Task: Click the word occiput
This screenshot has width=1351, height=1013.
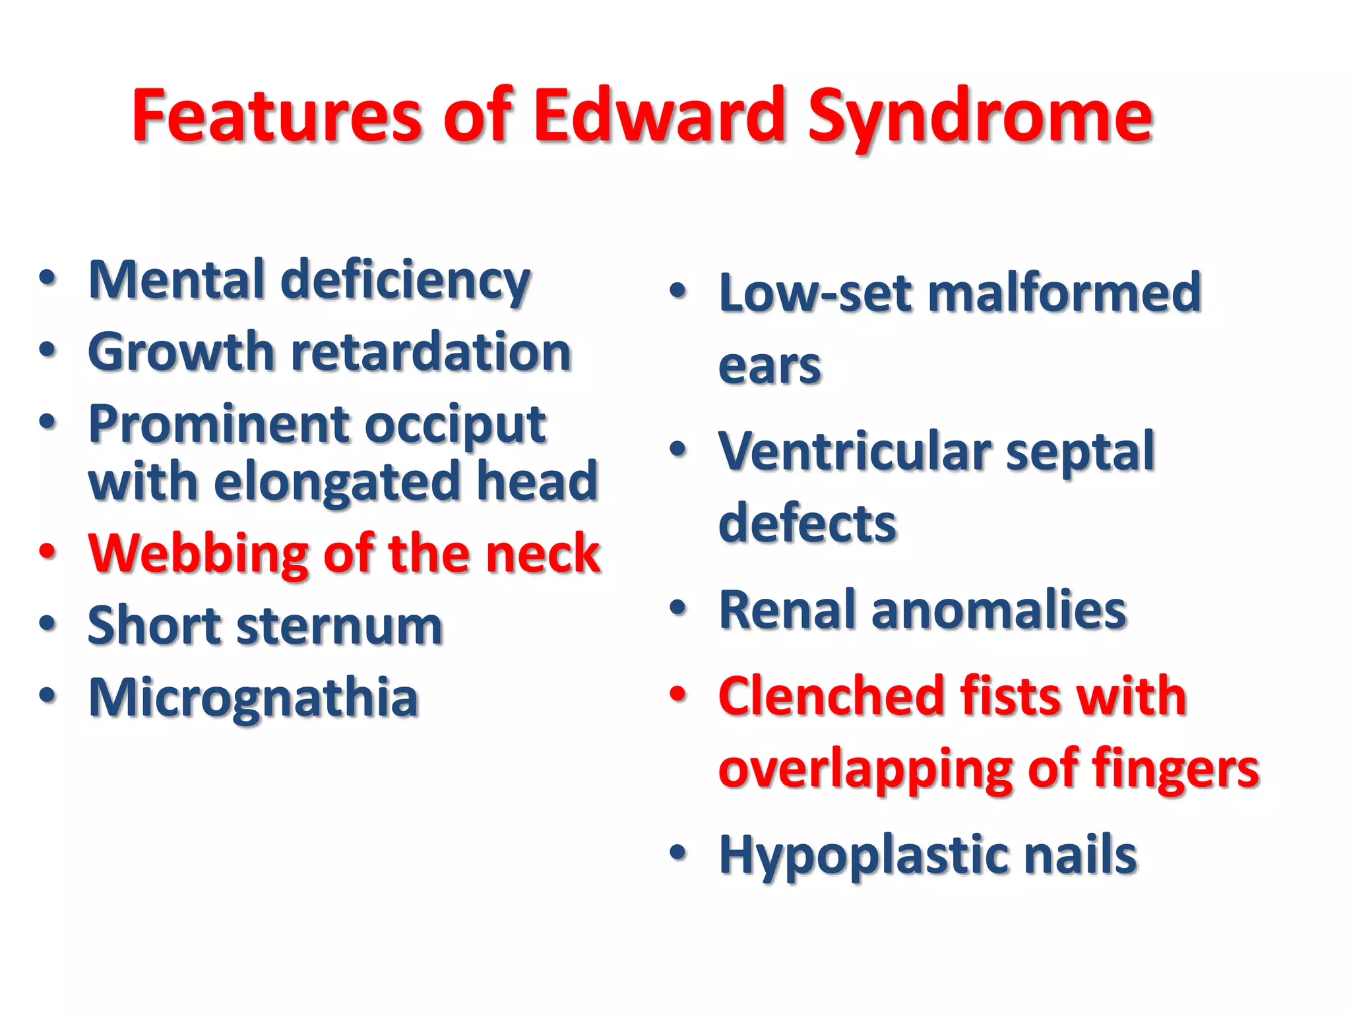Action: (455, 426)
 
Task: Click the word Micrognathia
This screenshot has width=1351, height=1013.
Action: (254, 698)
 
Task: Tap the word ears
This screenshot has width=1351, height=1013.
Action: (769, 366)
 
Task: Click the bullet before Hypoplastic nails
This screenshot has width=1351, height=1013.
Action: (677, 853)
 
